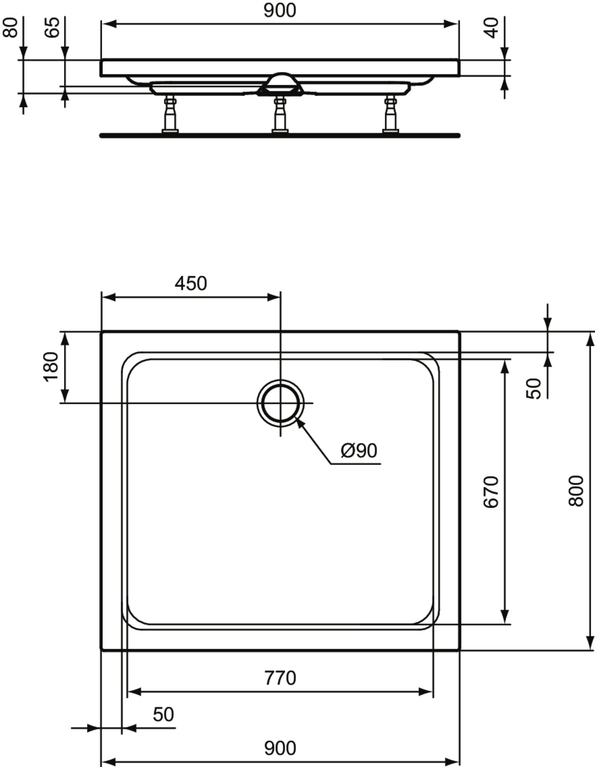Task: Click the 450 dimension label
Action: tap(191, 284)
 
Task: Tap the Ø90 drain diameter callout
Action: tap(359, 451)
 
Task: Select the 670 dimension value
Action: tap(491, 492)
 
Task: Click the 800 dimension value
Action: tap(576, 491)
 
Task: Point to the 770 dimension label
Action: tap(280, 678)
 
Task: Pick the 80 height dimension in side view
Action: tap(10, 28)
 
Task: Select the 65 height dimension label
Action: tap(52, 28)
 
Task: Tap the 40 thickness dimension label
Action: tap(491, 28)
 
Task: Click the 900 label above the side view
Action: tap(280, 10)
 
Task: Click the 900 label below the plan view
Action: tap(280, 748)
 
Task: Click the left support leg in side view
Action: tap(170, 114)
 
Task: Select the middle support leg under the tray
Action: tap(280, 114)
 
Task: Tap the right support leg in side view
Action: tap(391, 114)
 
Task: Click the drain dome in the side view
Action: tap(280, 84)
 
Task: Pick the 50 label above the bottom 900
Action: tap(164, 715)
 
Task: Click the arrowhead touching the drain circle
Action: tap(299, 423)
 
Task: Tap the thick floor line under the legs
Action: tap(280, 135)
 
